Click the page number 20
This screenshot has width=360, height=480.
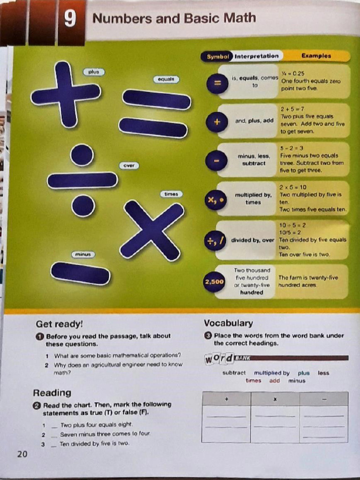[22, 454]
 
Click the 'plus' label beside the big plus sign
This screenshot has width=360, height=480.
[94, 72]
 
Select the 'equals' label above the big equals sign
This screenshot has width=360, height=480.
[165, 79]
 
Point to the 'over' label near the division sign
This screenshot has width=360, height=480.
[129, 165]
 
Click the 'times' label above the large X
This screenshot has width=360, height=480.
[171, 194]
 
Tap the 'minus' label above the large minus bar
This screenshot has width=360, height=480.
[82, 254]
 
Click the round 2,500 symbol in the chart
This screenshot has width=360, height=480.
[214, 282]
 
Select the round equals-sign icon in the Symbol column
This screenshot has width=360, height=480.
[217, 83]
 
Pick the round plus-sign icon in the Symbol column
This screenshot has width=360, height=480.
[217, 122]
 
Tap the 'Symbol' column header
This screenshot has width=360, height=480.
[217, 56]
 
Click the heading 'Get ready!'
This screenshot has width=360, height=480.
[59, 324]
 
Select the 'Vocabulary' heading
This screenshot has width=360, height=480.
[228, 323]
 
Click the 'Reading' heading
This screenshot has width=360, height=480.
[52, 393]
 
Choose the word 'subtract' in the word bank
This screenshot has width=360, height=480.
[234, 373]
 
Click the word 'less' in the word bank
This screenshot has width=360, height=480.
[323, 373]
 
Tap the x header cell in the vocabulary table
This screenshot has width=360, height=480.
[275, 399]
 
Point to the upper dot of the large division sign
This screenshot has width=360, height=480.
[82, 155]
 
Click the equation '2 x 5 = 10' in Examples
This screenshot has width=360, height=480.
[293, 187]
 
